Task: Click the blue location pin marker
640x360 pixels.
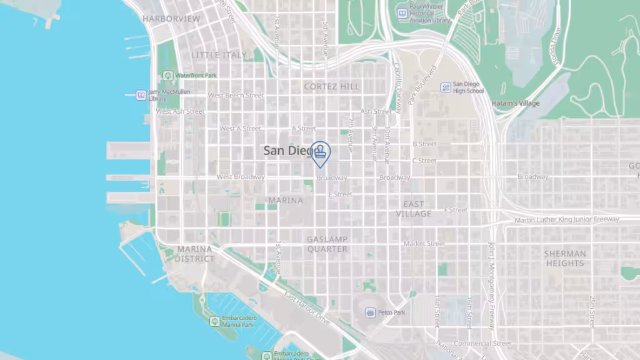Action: [320, 152]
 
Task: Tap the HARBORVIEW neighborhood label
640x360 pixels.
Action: [171, 19]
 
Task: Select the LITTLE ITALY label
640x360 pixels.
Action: [219, 55]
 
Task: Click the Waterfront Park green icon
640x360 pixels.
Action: [167, 76]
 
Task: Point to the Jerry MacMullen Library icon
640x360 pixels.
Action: [141, 95]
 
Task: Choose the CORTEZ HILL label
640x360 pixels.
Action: [332, 86]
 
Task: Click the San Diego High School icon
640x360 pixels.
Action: [446, 87]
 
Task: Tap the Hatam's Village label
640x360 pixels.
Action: [516, 103]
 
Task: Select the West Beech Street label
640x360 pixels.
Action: [236, 96]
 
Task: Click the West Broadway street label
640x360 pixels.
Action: [241, 177]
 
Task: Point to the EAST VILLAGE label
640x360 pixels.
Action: [414, 209]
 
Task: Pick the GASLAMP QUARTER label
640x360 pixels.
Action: [327, 244]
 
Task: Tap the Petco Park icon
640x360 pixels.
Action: [371, 312]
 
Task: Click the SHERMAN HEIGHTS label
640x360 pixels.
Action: [565, 258]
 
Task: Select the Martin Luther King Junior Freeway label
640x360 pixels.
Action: [566, 219]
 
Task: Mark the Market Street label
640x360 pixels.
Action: [424, 244]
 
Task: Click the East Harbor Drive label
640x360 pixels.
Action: [307, 307]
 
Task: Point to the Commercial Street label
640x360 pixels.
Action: [482, 343]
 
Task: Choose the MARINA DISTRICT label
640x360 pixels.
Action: [194, 253]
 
